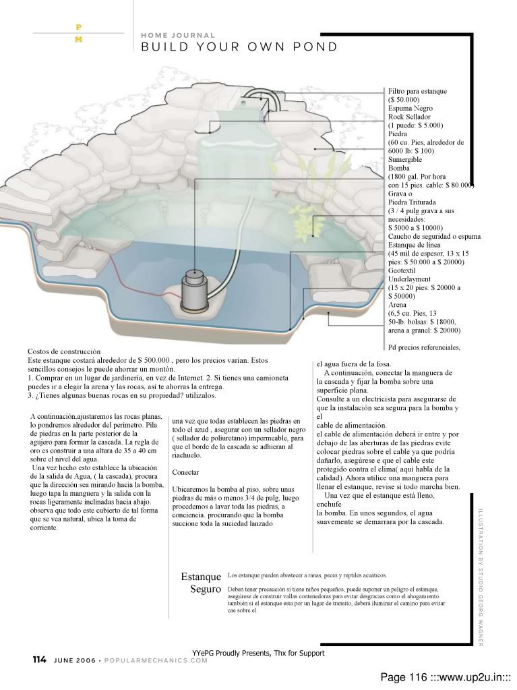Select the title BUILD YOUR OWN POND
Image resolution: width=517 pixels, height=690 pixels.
[239, 47]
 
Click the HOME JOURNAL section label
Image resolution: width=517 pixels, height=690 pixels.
[178, 35]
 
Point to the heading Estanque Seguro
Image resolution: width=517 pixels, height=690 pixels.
[202, 583]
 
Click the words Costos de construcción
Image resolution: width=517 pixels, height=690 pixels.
[64, 351]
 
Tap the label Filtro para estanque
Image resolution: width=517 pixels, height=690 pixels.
[417, 91]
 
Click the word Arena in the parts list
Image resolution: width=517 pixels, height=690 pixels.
[398, 304]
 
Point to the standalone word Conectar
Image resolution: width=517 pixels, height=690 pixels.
[185, 472]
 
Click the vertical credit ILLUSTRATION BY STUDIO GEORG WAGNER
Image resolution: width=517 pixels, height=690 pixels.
[480, 576]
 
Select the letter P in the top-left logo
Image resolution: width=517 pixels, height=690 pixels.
[79, 27]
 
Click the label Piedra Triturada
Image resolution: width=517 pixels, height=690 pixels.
[412, 202]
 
